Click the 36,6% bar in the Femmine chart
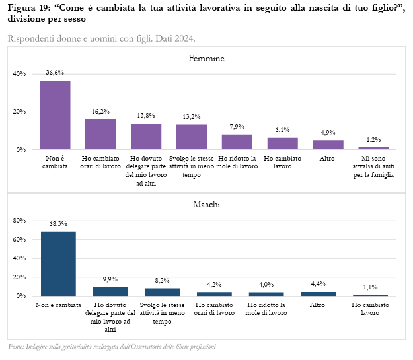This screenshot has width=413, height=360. [55, 115]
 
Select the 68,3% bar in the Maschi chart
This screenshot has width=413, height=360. [58, 264]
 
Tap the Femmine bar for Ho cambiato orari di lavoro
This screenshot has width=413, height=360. [100, 134]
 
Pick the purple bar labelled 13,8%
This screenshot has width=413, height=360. [146, 136]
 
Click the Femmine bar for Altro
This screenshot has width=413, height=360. [328, 145]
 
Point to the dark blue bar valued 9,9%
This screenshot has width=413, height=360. [110, 291]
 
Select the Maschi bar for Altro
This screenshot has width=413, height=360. [318, 293]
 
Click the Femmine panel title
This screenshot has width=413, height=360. [206, 59]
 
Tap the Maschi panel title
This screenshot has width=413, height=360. [206, 205]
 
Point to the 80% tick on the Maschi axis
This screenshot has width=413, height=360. [19, 220]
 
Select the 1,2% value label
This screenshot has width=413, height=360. [373, 140]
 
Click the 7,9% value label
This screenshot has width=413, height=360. [237, 127]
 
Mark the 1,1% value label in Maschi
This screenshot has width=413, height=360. [370, 287]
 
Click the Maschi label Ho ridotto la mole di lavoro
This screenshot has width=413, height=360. [266, 309]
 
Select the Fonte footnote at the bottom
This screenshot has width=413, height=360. [112, 347]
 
